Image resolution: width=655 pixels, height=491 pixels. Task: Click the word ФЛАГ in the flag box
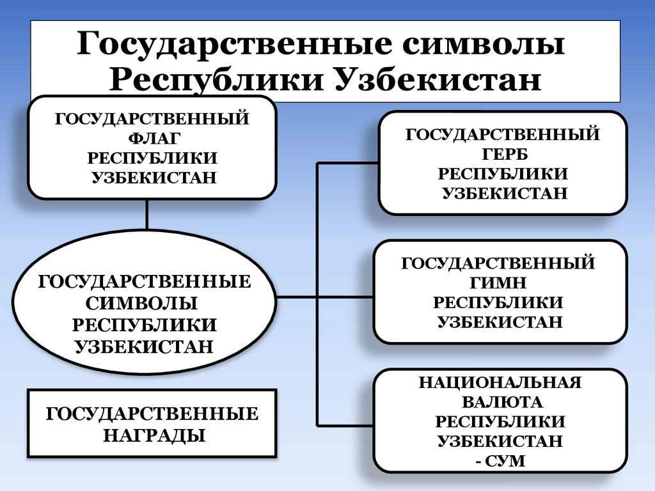tap(152, 138)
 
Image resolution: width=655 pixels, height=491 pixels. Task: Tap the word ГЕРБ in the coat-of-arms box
tap(502, 154)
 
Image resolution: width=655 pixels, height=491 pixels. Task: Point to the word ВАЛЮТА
tap(500, 402)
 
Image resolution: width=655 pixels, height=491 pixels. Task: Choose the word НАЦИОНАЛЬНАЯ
tap(500, 383)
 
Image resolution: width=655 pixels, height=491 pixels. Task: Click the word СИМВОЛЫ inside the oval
tap(145, 304)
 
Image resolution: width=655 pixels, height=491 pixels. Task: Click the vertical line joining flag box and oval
tap(147, 214)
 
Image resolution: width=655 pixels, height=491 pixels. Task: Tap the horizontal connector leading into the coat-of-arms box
tap(348, 163)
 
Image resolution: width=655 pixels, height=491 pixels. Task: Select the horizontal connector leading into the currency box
tap(345, 425)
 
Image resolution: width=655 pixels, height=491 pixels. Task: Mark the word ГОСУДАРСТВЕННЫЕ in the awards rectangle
tap(152, 414)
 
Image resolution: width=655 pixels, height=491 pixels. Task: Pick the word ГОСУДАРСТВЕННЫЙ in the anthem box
tap(498, 263)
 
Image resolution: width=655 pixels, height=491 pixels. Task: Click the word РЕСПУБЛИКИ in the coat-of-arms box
tap(502, 173)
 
